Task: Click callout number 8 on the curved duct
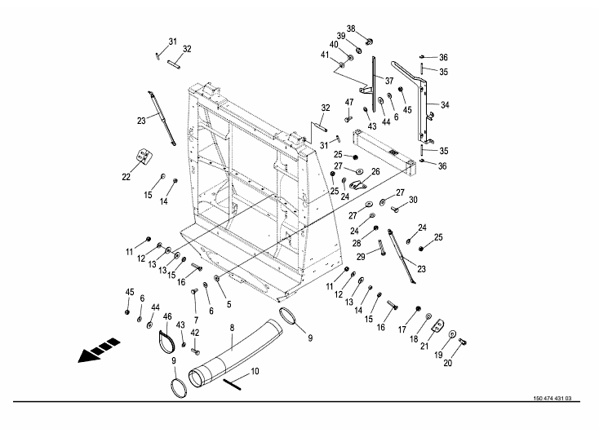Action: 232,328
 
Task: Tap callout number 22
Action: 126,175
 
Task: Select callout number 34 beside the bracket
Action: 446,105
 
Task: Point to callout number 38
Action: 351,29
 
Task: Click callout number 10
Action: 255,371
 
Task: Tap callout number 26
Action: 375,172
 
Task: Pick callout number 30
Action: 413,200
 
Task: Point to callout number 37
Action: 388,81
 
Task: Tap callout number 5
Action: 229,303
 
